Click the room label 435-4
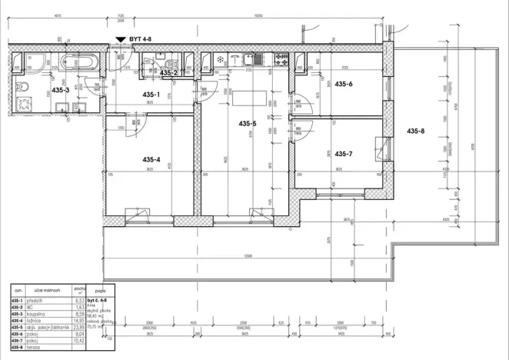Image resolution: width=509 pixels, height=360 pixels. point(151,159)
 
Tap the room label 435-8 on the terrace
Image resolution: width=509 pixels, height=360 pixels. point(415,130)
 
